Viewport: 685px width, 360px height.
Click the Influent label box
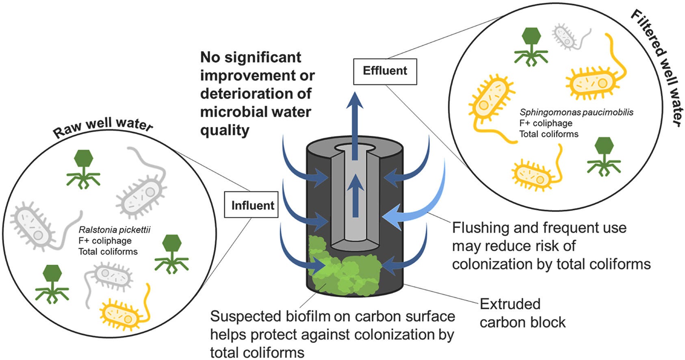pos(252,205)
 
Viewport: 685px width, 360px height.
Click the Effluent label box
pos(385,71)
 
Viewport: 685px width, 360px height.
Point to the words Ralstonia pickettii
pos(114,230)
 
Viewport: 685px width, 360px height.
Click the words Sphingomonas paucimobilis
pos(576,113)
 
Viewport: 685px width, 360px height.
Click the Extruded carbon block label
pos(522,313)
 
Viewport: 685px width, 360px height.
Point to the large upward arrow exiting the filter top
pos(355,122)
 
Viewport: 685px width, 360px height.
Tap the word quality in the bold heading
pos(225,130)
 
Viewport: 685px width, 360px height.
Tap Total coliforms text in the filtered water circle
pos(548,134)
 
